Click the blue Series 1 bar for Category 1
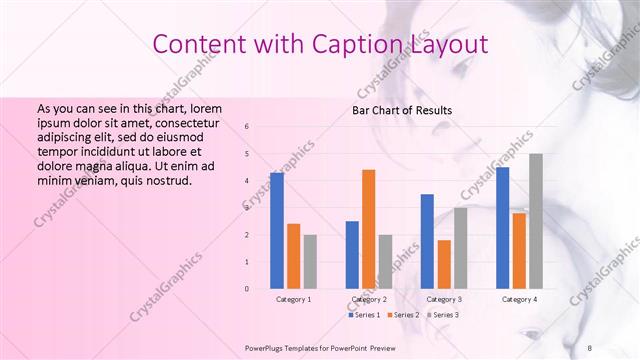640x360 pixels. (277, 230)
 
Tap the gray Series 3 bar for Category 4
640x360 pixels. (536, 221)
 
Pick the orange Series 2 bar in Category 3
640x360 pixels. (444, 264)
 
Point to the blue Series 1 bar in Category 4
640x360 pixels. (502, 228)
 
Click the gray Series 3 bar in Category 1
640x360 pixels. (310, 261)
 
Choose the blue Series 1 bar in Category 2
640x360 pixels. (352, 254)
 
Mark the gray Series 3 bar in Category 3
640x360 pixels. (460, 248)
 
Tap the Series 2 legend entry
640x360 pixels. (403, 315)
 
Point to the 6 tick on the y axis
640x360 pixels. (247, 127)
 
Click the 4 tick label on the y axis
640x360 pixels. (247, 181)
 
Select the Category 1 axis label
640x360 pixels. (293, 299)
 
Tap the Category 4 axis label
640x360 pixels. (519, 299)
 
